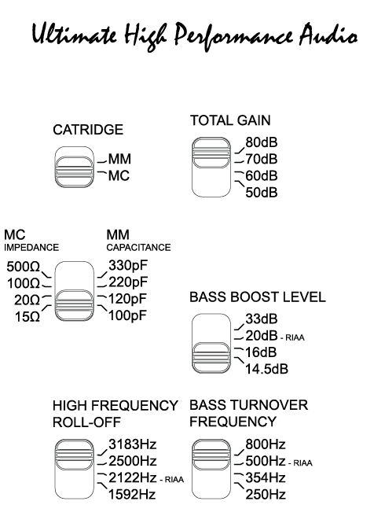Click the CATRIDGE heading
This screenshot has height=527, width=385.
click(x=88, y=130)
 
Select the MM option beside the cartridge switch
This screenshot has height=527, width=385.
click(x=119, y=159)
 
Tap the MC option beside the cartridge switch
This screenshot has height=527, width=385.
click(x=119, y=175)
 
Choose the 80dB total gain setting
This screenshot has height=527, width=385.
click(x=262, y=142)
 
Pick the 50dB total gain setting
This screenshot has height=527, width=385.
click(x=262, y=193)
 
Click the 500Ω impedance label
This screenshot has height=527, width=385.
click(x=23, y=267)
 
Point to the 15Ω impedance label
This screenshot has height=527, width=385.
click(x=27, y=317)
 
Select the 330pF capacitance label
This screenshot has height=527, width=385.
click(x=128, y=266)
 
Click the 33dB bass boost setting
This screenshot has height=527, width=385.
click(x=262, y=319)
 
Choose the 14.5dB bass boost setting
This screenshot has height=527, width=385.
click(x=266, y=369)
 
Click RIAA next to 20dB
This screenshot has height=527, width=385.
click(x=295, y=337)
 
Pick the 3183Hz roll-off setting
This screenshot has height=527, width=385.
click(x=133, y=444)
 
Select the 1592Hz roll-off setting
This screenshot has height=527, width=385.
click(x=132, y=495)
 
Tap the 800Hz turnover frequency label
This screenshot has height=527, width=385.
click(x=266, y=444)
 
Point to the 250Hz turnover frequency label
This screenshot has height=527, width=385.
click(x=266, y=495)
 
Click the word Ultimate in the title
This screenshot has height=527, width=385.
click(x=75, y=35)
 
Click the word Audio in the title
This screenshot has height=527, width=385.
click(x=328, y=35)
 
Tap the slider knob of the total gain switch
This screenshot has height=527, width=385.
click(x=211, y=153)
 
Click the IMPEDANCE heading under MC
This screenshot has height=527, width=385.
click(x=31, y=248)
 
